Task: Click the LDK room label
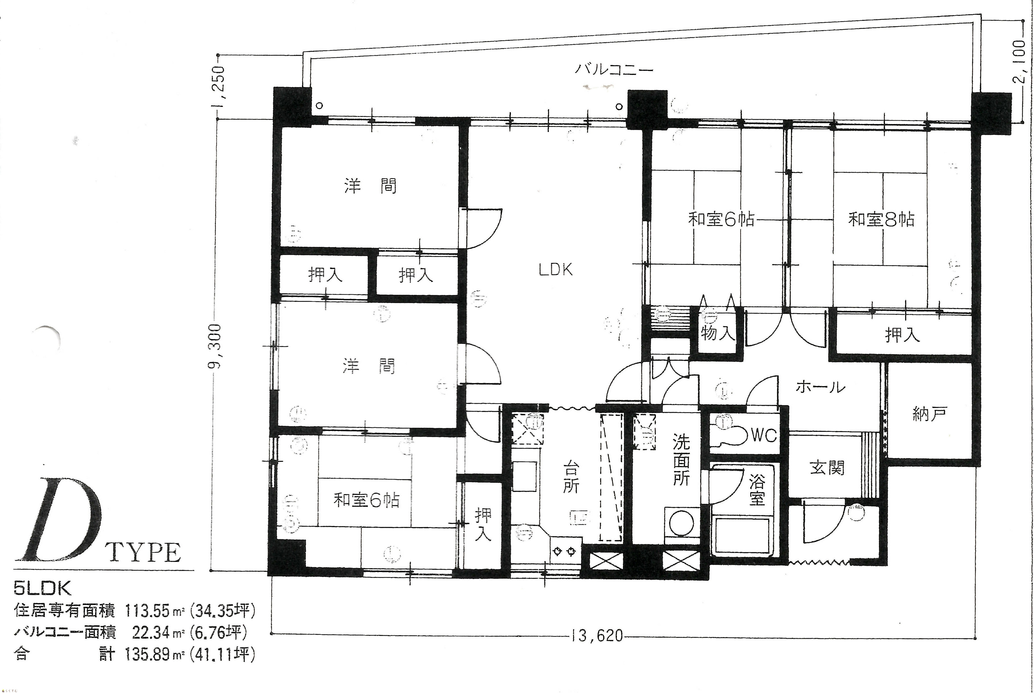556,270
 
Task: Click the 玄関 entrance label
827,468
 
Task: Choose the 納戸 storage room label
929,414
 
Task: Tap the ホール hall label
820,387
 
